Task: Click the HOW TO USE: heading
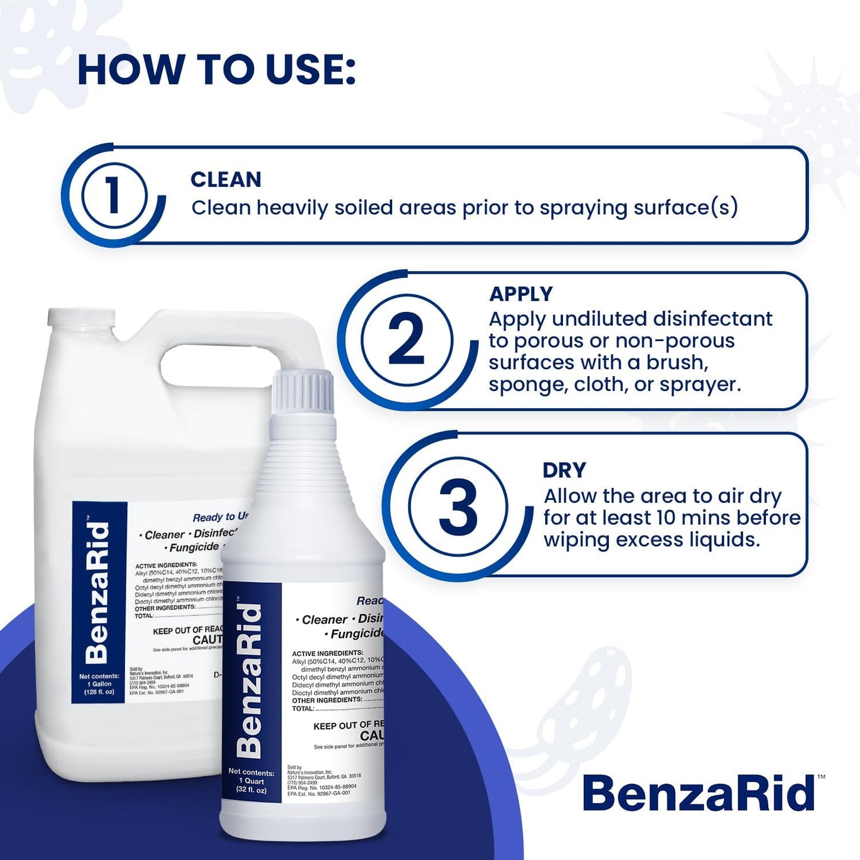[217, 70]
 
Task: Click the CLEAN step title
[226, 179]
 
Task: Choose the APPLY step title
[521, 294]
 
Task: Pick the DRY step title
[564, 470]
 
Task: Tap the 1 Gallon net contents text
[99, 684]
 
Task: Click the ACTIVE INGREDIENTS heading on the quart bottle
[327, 653]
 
